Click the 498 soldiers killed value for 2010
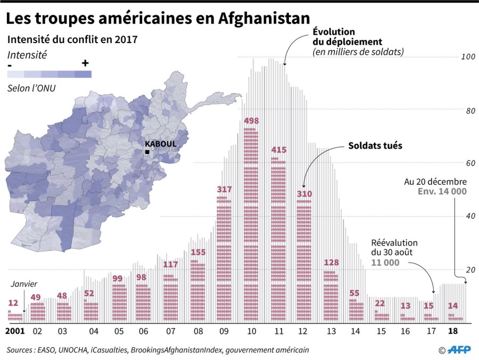(251, 121)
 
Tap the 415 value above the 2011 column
(278, 150)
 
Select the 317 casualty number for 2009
(225, 189)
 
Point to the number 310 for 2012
(304, 194)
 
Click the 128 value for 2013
(331, 263)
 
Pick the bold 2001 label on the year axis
(14, 331)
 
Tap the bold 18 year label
(453, 331)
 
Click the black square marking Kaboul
(147, 152)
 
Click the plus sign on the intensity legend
(85, 63)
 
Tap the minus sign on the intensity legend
(11, 63)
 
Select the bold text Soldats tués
(375, 145)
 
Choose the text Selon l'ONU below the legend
(31, 88)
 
